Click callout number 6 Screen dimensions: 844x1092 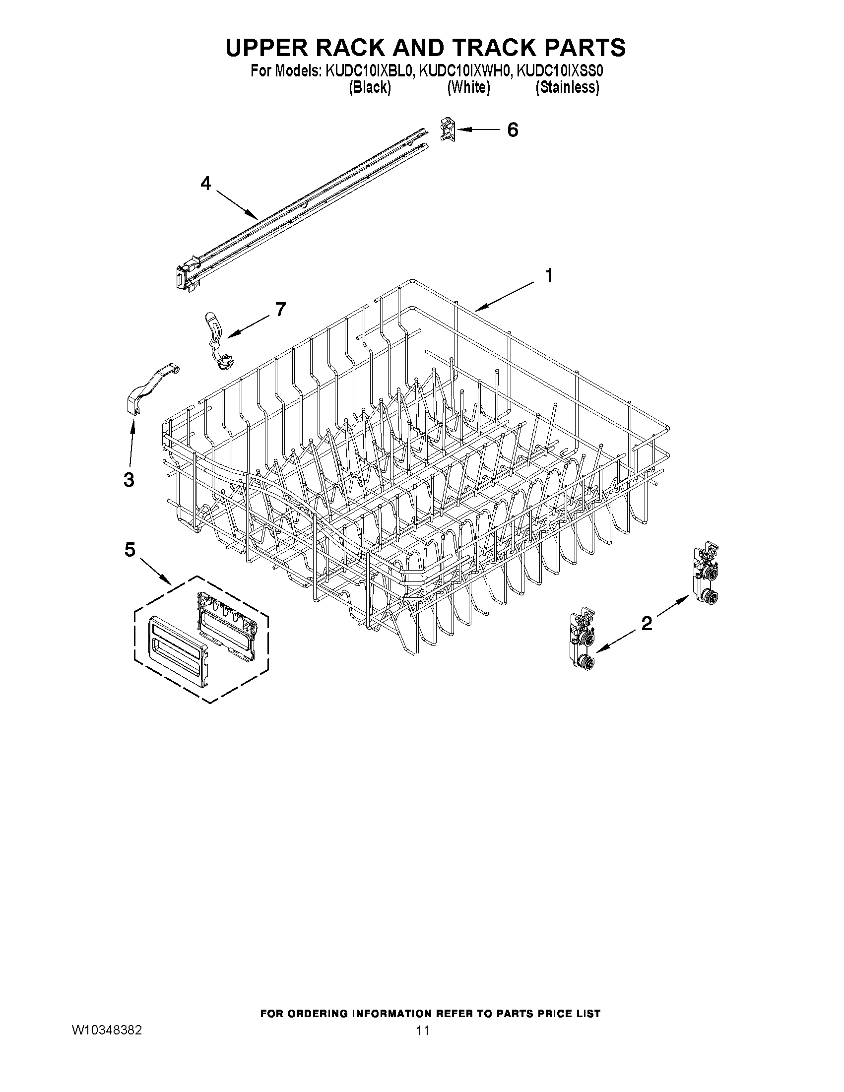coord(513,130)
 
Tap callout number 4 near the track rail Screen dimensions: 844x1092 coord(205,184)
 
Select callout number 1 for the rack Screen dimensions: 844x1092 coord(548,275)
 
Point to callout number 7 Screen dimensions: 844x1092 coord(280,310)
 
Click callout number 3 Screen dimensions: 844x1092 coord(129,480)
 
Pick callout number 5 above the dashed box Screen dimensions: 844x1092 coord(130,551)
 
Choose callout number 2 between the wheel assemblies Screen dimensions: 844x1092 coord(647,623)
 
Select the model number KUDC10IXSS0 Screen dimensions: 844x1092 coord(560,71)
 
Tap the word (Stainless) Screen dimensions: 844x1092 coord(567,88)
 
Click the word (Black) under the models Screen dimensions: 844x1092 coord(370,88)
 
